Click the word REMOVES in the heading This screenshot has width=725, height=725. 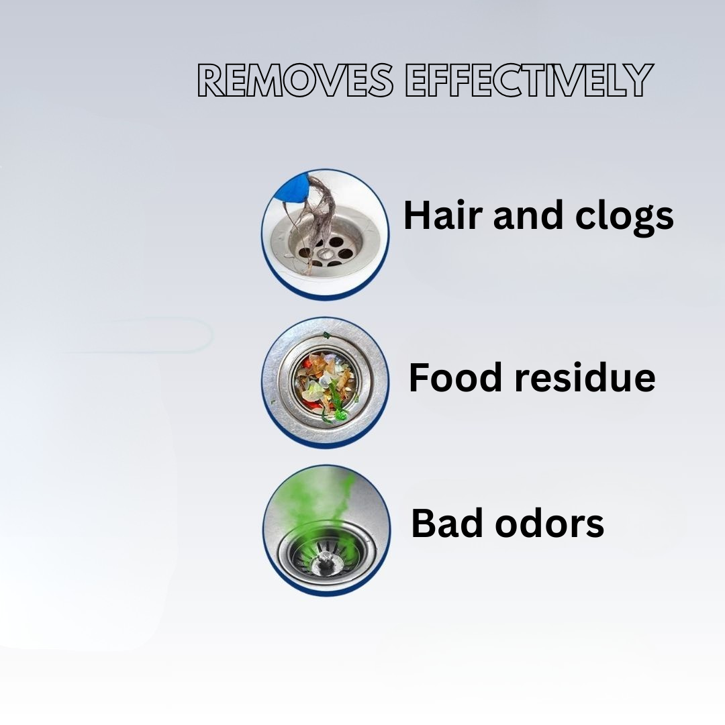coord(295,81)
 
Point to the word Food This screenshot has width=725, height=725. coord(456,377)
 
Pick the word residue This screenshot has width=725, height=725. coord(585,377)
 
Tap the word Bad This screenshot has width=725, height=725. coord(443,523)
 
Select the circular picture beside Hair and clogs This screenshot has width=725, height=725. coord(325,232)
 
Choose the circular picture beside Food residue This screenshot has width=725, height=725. coord(325,382)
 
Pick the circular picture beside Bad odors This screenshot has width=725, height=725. coord(326,530)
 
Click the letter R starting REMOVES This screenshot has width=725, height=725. coord(212,81)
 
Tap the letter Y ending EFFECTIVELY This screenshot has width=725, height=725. coord(638,81)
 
